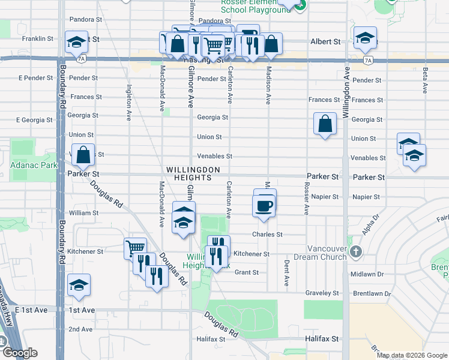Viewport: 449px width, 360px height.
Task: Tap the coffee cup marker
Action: tap(265, 206)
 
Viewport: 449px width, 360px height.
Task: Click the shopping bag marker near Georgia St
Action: tap(325, 124)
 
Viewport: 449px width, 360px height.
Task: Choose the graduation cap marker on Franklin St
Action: tap(76, 42)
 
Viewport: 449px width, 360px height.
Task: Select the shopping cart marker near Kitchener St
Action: tap(136, 247)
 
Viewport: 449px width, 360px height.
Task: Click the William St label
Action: tap(83, 213)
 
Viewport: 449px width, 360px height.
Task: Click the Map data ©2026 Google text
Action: tap(412, 355)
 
